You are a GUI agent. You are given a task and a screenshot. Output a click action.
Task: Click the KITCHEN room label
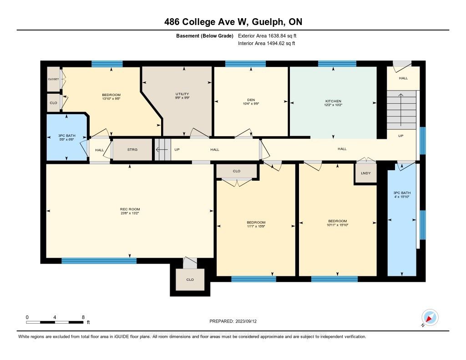[333, 101]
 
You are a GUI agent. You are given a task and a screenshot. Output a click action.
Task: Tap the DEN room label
[251, 100]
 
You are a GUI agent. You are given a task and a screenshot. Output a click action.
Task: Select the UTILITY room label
[182, 94]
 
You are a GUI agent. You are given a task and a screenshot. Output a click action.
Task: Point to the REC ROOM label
[130, 209]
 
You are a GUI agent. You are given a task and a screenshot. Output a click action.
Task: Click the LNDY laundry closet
[365, 173]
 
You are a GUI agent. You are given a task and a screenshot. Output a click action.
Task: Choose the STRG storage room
[132, 150]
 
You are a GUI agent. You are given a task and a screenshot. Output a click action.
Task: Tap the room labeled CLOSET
[54, 79]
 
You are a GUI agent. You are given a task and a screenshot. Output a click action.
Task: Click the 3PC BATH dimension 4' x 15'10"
[402, 197]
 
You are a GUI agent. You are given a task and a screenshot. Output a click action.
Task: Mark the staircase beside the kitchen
[401, 110]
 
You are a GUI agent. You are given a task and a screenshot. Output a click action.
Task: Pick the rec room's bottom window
[99, 261]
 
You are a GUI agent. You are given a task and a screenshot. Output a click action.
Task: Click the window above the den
[245, 64]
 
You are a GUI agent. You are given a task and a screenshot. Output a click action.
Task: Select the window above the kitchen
[337, 64]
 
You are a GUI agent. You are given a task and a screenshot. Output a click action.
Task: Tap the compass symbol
[430, 318]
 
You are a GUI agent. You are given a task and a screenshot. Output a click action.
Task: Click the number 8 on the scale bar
[83, 317]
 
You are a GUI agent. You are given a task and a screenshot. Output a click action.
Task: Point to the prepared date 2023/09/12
[246, 321]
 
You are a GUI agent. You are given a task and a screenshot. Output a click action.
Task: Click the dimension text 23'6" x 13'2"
[130, 213]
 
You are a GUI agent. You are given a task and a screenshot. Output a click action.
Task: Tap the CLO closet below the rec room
[190, 279]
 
